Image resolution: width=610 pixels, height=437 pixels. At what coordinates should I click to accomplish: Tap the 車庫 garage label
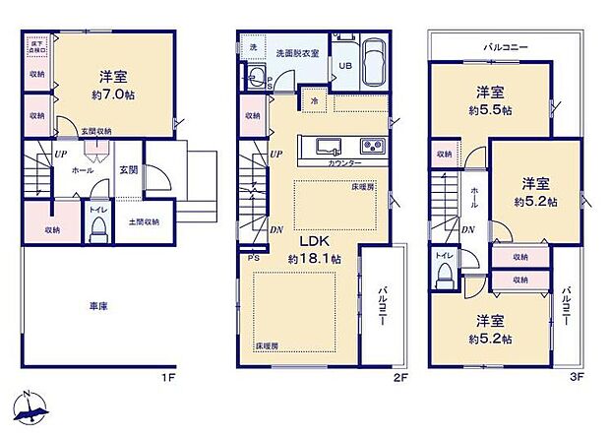point(95,307)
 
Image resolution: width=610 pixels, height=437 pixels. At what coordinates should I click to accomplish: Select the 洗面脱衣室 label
point(296,51)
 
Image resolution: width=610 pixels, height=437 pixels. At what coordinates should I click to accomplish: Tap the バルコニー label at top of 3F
point(507,46)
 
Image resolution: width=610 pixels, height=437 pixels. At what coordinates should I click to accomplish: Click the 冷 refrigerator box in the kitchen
point(315,100)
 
